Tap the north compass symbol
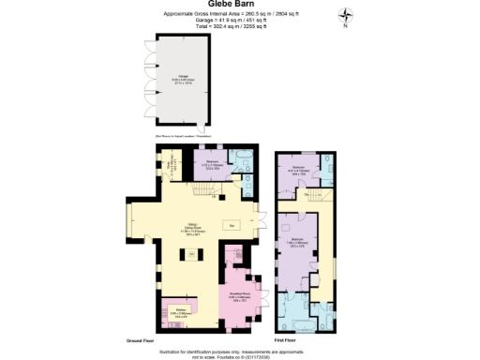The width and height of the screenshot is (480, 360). point(345,16)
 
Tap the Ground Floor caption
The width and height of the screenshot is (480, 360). point(142,340)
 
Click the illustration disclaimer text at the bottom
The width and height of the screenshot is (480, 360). point(239,350)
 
